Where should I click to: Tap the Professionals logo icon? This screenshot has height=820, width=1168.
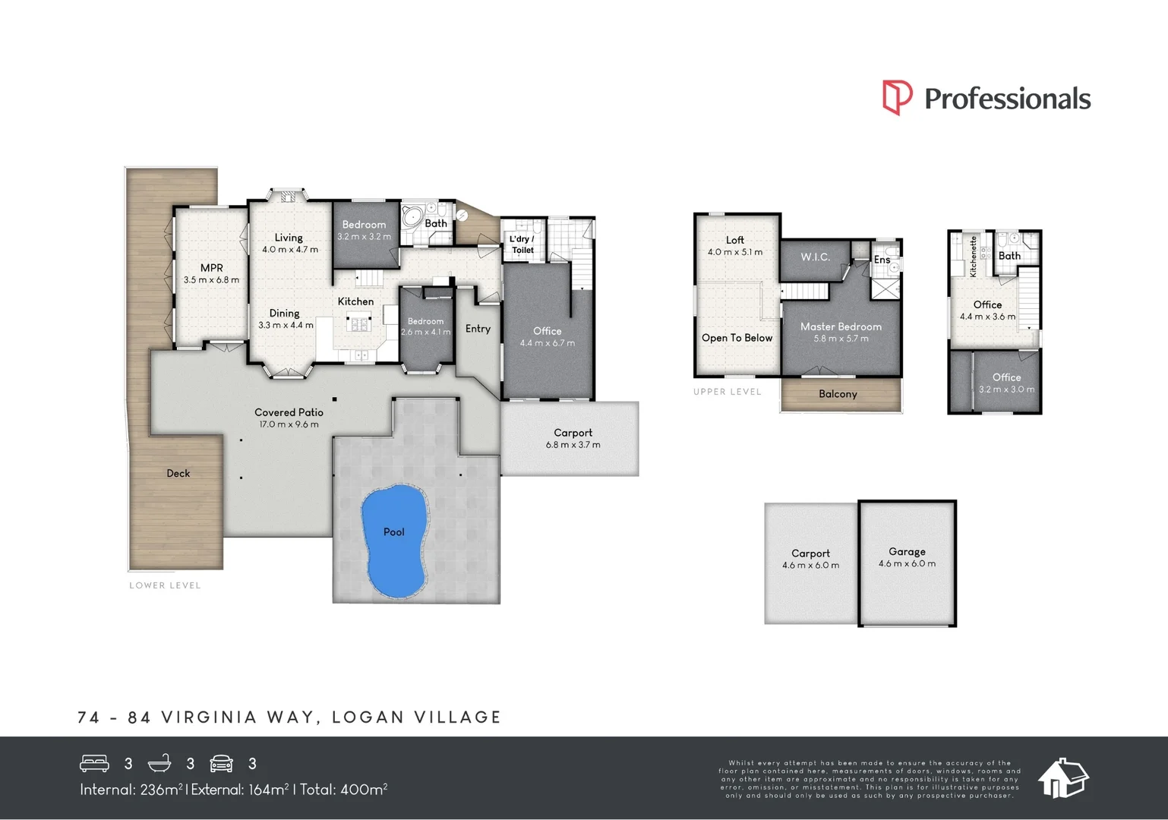pyautogui.click(x=897, y=98)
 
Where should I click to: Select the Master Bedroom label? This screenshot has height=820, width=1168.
pyautogui.click(x=841, y=326)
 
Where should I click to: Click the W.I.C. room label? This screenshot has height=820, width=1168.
pyautogui.click(x=815, y=257)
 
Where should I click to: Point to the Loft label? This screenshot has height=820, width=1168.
pyautogui.click(x=734, y=240)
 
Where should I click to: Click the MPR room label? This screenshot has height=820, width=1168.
pyautogui.click(x=211, y=268)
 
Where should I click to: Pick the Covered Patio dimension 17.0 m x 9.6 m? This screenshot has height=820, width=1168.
pyautogui.click(x=289, y=424)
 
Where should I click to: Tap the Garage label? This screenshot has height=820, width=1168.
pyautogui.click(x=907, y=552)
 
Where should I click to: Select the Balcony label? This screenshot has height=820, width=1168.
pyautogui.click(x=838, y=394)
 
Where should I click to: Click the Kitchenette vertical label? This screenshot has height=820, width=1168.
pyautogui.click(x=974, y=256)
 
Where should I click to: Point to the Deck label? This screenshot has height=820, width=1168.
pyautogui.click(x=178, y=473)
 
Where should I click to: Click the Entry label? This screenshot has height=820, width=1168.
pyautogui.click(x=478, y=329)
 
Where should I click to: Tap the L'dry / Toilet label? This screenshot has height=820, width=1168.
pyautogui.click(x=522, y=244)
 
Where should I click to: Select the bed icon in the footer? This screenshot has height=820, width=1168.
pyautogui.click(x=95, y=763)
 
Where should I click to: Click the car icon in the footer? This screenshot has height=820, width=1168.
pyautogui.click(x=221, y=763)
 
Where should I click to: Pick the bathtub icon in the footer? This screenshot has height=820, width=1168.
pyautogui.click(x=159, y=763)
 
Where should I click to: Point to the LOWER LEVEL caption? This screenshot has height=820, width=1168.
pyautogui.click(x=165, y=585)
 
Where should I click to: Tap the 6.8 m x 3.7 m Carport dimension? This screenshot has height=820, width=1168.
pyautogui.click(x=573, y=445)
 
